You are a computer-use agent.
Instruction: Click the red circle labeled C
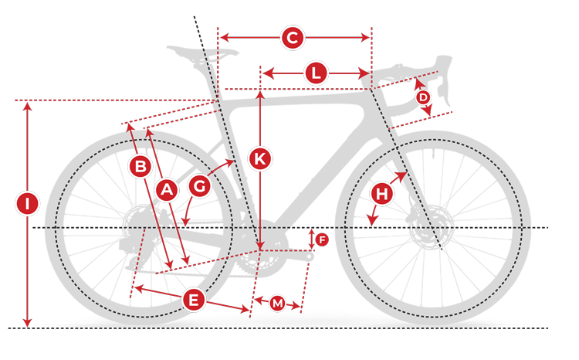(x=292, y=38)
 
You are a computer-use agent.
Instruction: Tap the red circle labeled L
(x=316, y=73)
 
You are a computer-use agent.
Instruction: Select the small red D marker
(x=422, y=98)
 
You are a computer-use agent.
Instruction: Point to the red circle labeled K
(x=260, y=159)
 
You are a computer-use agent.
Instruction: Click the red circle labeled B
(x=141, y=166)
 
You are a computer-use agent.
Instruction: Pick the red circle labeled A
(x=165, y=190)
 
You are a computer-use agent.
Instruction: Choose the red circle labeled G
(x=199, y=186)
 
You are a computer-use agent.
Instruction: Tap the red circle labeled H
(x=381, y=195)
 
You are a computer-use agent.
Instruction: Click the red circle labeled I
(x=27, y=205)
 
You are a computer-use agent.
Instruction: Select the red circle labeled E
(x=193, y=300)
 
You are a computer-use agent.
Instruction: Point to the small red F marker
(x=322, y=239)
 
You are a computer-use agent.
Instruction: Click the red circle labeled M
(x=277, y=304)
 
